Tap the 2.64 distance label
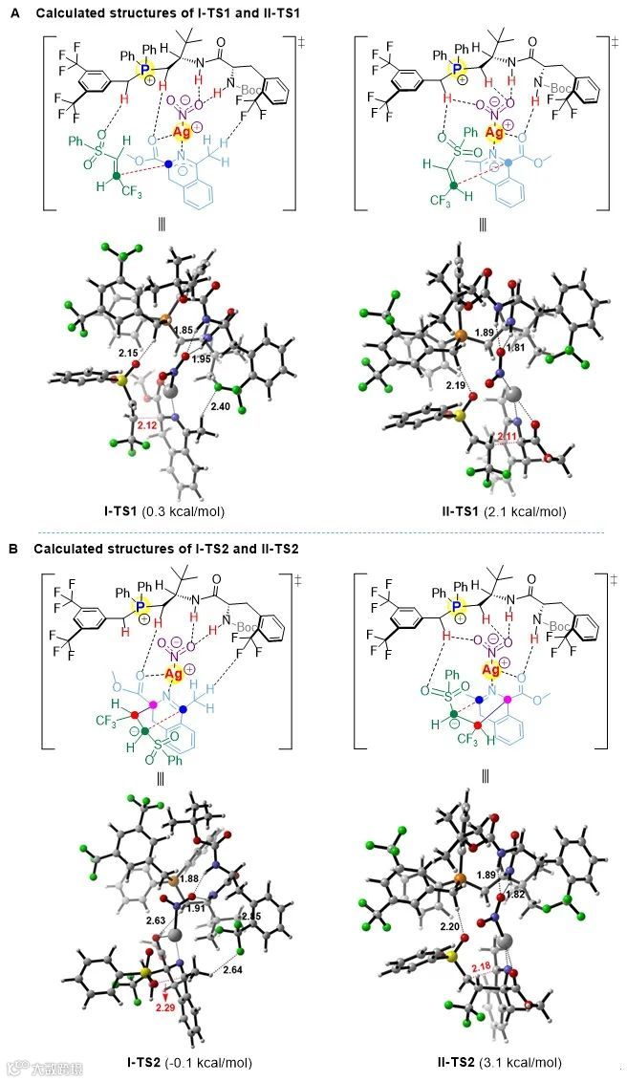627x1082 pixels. tap(232, 970)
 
